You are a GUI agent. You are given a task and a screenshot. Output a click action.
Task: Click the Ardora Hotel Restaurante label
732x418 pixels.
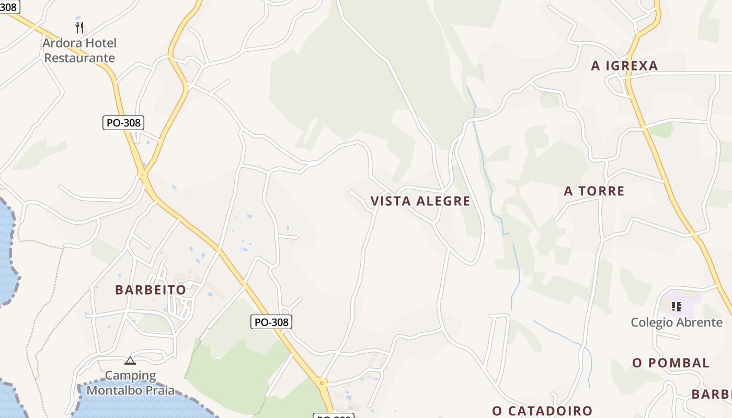[x=79, y=50]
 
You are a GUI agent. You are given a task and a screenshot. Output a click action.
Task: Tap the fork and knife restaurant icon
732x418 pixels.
[x=79, y=27]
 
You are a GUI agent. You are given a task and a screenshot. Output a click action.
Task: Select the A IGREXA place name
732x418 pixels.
[x=624, y=66]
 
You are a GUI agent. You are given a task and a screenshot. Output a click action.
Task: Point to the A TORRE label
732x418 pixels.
[x=594, y=191]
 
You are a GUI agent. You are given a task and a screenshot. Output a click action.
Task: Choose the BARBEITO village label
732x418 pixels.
[x=151, y=290]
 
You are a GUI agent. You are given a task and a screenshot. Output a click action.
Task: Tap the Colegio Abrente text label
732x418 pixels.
[x=677, y=322]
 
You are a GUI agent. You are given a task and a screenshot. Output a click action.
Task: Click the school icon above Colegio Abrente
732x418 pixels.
[x=677, y=306]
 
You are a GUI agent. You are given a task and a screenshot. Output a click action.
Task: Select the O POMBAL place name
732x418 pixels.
[x=670, y=363]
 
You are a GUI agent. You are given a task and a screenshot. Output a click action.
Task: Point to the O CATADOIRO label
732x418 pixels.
[x=542, y=411]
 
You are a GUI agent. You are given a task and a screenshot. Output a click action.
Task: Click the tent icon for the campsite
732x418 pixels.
[x=130, y=361]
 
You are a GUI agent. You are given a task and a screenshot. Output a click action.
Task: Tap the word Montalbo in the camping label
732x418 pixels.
[x=110, y=390]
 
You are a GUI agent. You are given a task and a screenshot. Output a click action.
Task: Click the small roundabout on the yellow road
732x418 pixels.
[x=322, y=383]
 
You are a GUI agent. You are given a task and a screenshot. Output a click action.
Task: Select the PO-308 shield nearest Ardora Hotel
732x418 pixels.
[x=123, y=123]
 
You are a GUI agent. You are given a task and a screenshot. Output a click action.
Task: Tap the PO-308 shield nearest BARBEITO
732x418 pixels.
[x=271, y=322]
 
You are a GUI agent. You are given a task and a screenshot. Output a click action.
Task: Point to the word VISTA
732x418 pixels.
[x=388, y=201]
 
